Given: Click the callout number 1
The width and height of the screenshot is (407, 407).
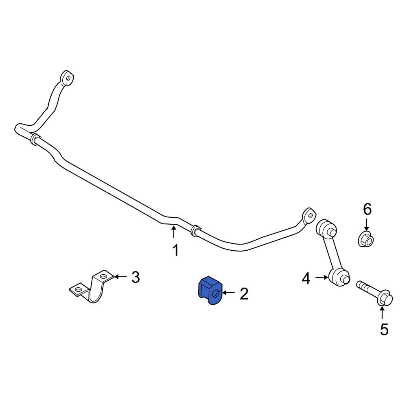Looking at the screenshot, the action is (176, 250).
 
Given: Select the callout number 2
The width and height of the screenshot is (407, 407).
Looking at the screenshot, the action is (244, 293).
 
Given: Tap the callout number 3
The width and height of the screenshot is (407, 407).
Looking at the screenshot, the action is (136, 277).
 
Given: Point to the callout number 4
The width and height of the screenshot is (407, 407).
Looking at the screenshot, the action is (306, 279).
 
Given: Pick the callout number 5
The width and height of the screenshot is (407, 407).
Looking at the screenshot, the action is (384, 329).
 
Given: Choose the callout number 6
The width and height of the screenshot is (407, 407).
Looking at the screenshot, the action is (367, 209).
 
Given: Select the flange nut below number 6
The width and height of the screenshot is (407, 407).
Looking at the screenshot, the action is (366, 239).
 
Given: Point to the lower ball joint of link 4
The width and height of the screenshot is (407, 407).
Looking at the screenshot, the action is (339, 278).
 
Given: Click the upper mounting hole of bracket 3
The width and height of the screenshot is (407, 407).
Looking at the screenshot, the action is (103, 276).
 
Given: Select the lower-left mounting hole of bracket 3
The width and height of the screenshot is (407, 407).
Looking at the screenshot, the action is (78, 289).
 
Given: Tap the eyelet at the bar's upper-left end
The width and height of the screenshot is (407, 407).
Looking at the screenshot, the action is (67, 78).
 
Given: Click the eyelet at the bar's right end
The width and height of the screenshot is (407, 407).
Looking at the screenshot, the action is (309, 215).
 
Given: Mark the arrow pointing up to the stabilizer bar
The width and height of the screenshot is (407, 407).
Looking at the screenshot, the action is (174, 232).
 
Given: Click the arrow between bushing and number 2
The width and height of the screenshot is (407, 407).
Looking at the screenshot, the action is (228, 293).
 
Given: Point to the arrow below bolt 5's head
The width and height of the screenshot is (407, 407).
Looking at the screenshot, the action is (382, 312).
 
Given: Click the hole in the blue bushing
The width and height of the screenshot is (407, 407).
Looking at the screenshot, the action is (215, 294).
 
